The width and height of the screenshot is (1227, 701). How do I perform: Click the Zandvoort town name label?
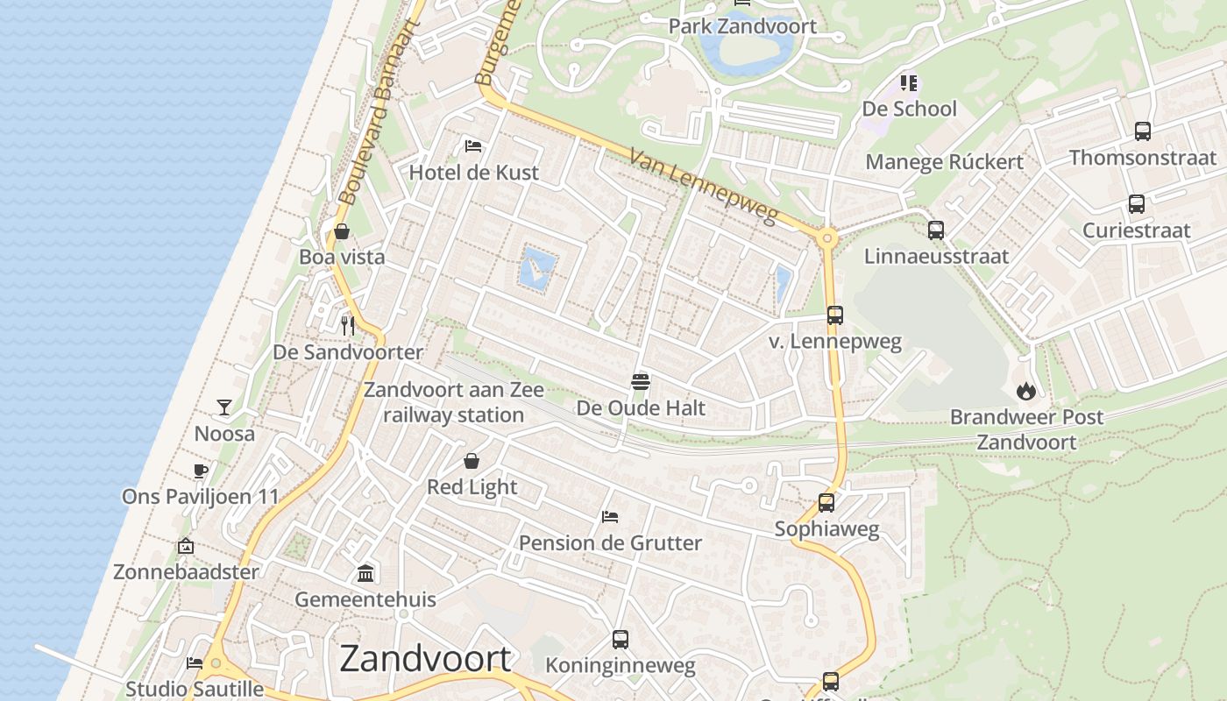click(425, 659)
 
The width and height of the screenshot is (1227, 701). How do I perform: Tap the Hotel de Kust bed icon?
click(473, 145)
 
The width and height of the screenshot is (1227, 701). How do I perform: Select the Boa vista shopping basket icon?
click(342, 231)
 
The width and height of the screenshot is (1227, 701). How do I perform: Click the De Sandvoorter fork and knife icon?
click(348, 326)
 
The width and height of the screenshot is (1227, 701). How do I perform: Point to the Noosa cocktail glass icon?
click(224, 407)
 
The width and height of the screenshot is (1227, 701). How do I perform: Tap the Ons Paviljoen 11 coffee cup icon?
click(201, 471)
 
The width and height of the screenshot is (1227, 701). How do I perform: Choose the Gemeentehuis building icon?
click(365, 574)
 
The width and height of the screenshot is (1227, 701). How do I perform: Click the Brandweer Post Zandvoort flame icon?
click(1025, 391)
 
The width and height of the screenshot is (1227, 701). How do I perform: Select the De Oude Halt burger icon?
click(641, 382)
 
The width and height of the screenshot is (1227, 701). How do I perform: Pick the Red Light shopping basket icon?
click(472, 461)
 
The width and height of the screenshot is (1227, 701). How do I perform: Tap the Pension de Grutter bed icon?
click(610, 517)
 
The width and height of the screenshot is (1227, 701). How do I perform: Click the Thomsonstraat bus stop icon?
click(1143, 131)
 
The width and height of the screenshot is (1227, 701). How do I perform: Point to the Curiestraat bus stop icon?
click(1137, 204)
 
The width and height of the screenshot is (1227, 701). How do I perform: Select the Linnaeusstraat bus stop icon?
click(936, 230)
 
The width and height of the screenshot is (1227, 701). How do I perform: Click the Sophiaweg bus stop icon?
click(826, 503)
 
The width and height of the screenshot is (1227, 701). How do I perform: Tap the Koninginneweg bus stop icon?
click(621, 640)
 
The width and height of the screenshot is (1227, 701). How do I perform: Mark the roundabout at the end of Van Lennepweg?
click(826, 237)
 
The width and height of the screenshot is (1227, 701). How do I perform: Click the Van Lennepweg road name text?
click(703, 186)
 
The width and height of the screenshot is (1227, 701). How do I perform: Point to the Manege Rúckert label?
click(944, 162)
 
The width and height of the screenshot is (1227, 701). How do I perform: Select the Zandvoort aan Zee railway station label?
click(453, 402)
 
